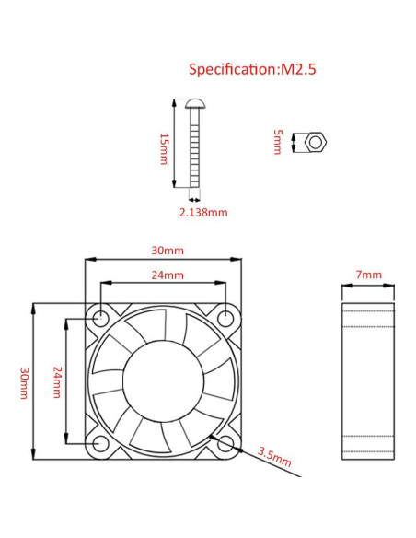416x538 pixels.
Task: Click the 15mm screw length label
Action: (164, 148)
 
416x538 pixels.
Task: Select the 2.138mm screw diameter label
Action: (202, 212)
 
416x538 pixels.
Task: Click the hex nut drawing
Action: (316, 143)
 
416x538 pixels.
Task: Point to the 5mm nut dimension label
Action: (277, 143)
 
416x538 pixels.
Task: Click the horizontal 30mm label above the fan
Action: (168, 250)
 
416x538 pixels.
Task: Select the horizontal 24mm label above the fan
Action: (168, 275)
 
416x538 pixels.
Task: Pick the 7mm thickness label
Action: (368, 275)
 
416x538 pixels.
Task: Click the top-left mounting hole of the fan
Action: (100, 318)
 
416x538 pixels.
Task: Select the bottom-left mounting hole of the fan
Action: (100, 445)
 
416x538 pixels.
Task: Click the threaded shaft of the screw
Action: (195, 152)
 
